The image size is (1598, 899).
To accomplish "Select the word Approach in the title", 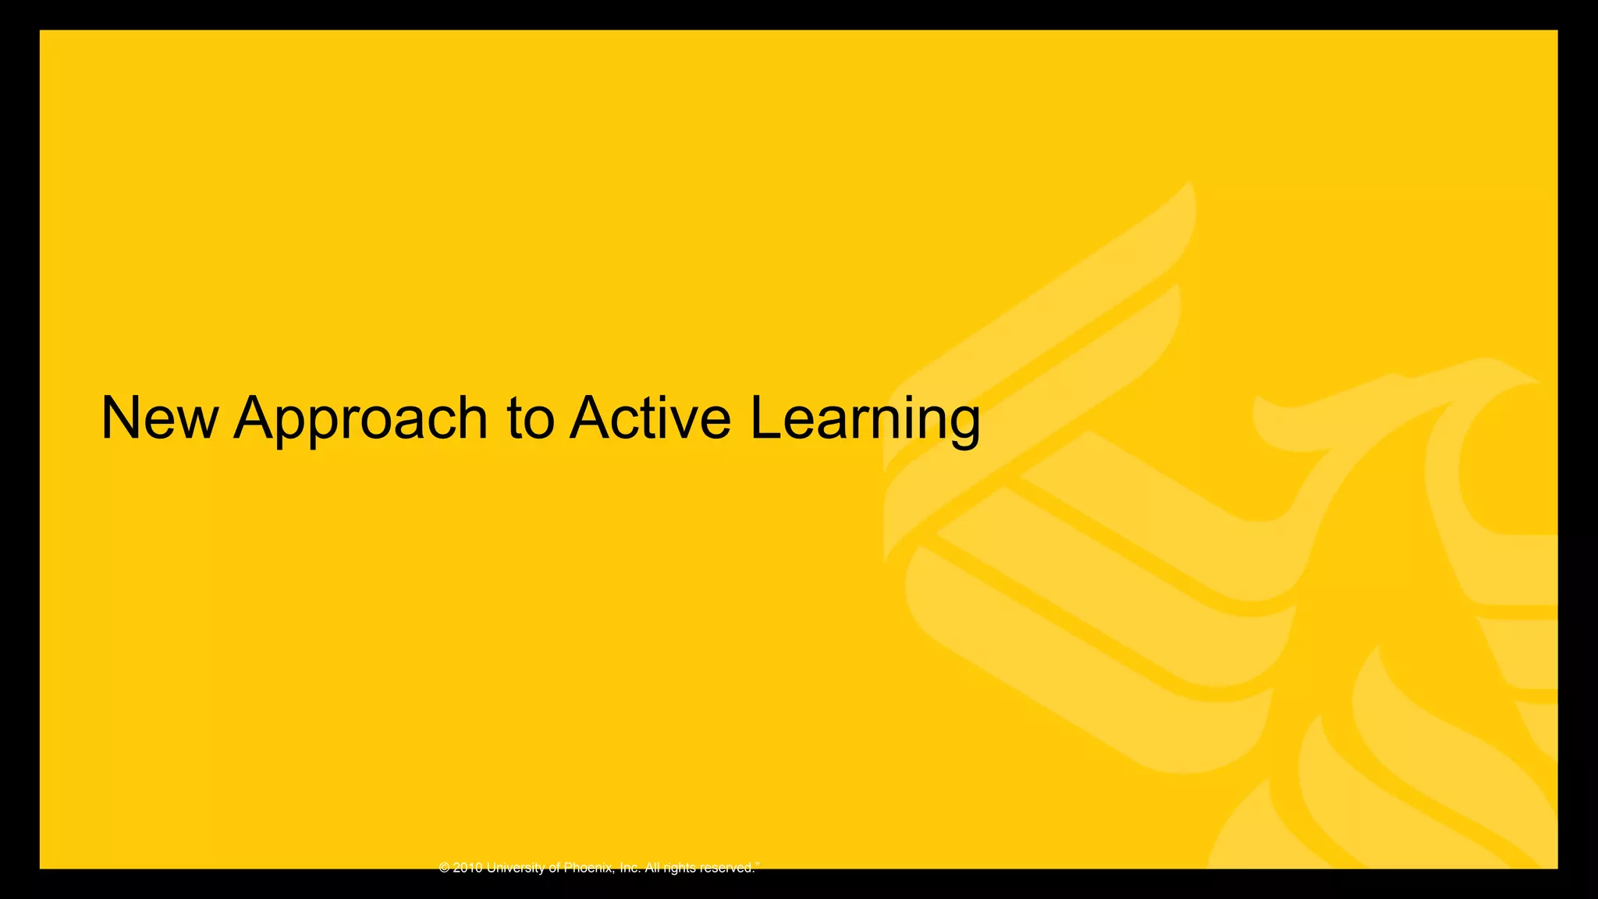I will click(360, 421).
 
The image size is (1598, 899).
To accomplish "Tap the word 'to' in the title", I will click(531, 418).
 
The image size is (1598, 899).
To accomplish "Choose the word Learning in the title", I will click(865, 421).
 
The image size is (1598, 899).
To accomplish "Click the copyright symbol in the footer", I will click(445, 868).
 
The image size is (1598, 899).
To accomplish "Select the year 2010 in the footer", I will click(467, 868).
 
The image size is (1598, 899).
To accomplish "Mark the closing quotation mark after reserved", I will click(758, 864).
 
